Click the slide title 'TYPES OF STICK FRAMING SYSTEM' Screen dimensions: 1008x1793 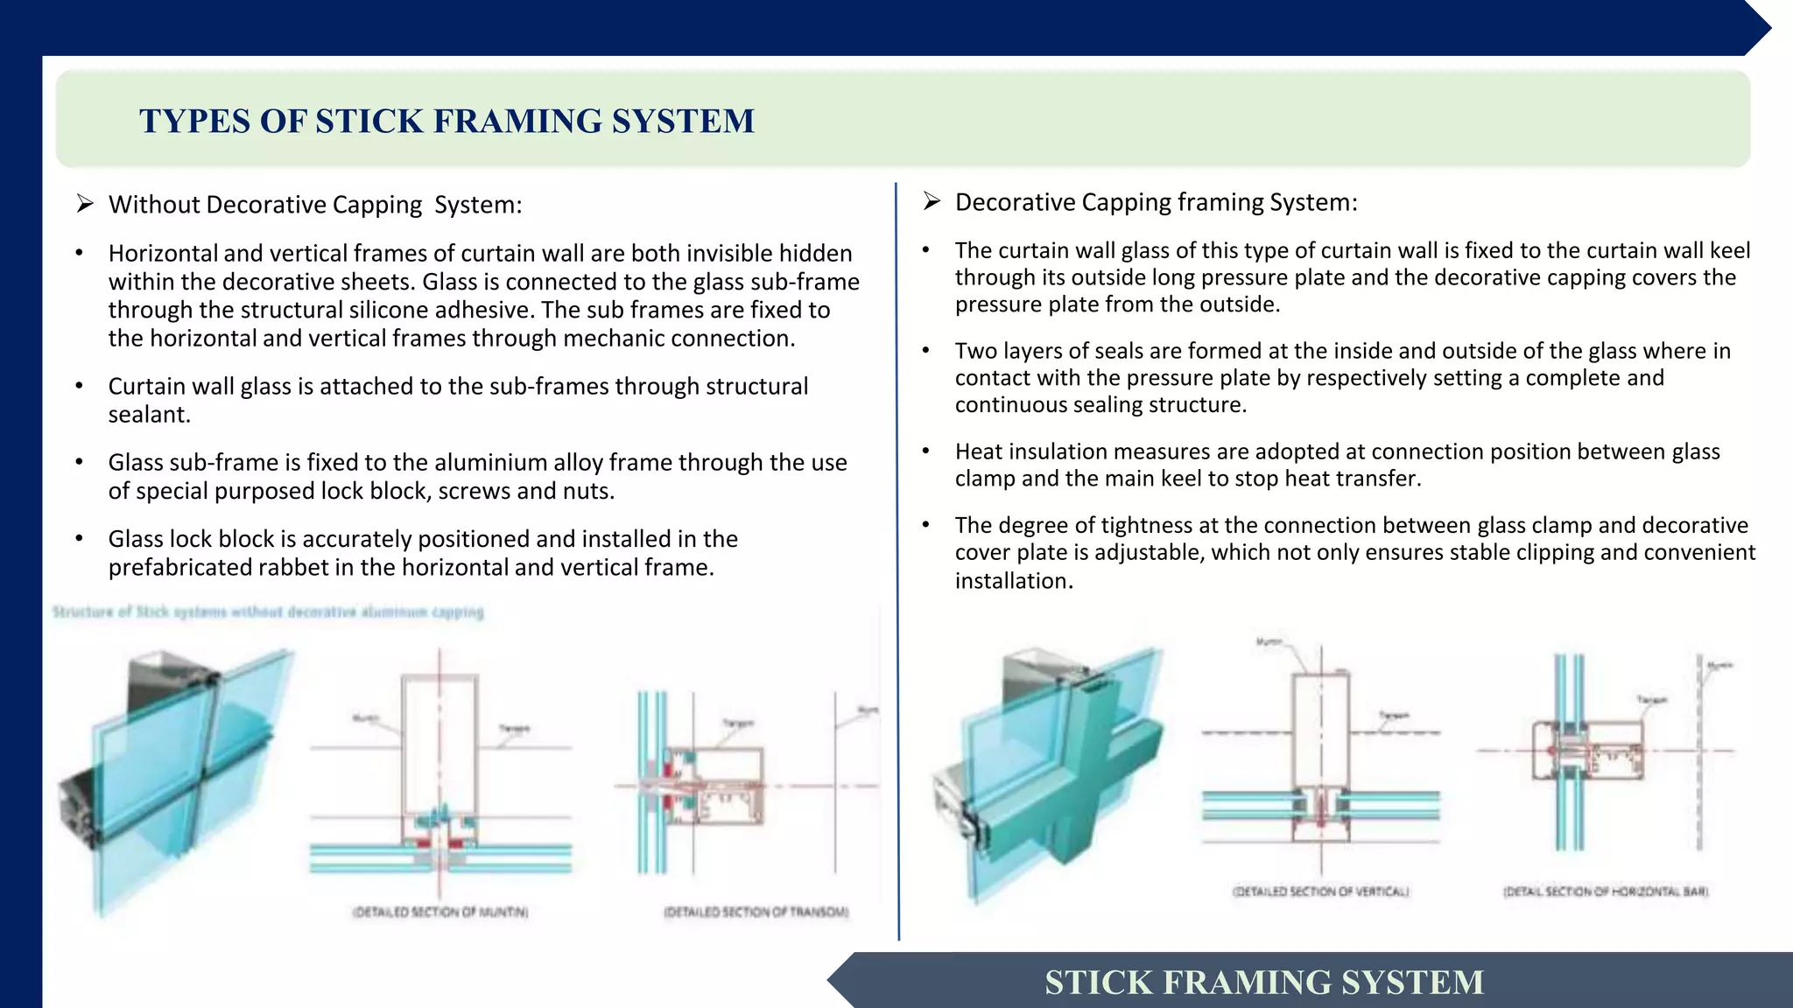(x=446, y=121)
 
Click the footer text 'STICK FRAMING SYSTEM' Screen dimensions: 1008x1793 (x=1264, y=982)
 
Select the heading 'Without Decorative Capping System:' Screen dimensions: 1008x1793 (x=315, y=205)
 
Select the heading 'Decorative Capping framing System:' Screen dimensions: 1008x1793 (x=1156, y=202)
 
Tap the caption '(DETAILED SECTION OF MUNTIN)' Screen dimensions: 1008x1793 (x=440, y=912)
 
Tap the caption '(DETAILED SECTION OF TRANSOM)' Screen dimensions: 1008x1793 (x=756, y=912)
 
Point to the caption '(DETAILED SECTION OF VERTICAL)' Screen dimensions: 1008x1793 (x=1321, y=892)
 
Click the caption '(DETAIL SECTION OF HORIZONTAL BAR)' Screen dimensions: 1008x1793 (x=1606, y=892)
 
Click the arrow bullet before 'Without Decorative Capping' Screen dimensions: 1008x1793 (x=85, y=204)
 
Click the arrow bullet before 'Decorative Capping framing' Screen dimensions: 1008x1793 (x=932, y=201)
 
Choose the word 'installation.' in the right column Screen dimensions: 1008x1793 (x=1014, y=581)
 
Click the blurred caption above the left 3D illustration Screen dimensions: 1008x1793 (x=268, y=612)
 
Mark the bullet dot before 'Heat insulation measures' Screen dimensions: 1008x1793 (x=925, y=451)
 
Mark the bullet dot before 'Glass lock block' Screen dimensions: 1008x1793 (x=79, y=539)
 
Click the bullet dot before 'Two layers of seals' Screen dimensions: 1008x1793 (x=925, y=351)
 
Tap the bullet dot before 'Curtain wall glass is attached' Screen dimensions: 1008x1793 (x=79, y=387)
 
